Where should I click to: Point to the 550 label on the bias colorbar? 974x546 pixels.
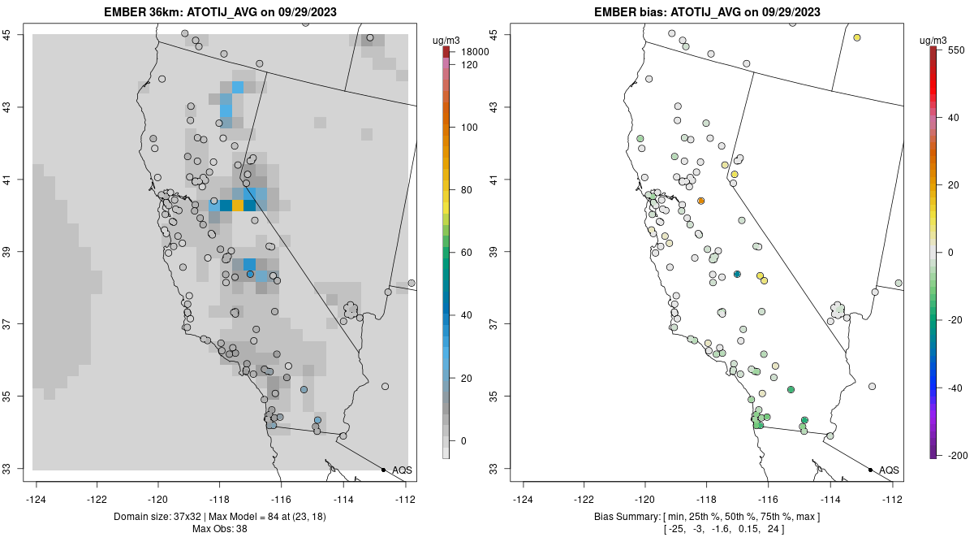pyautogui.click(x=955, y=50)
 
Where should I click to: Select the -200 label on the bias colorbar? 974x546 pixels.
pyautogui.click(x=955, y=455)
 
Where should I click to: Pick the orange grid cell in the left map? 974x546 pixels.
pyautogui.click(x=238, y=206)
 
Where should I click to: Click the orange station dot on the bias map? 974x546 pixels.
pyautogui.click(x=701, y=201)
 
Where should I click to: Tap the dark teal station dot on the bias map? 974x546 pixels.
pyautogui.click(x=737, y=275)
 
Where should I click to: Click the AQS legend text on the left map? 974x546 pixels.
pyautogui.click(x=402, y=470)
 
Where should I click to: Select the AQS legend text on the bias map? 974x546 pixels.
pyautogui.click(x=889, y=470)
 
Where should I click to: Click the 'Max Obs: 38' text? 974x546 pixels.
pyautogui.click(x=219, y=529)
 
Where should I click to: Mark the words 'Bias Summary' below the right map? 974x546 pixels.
pyautogui.click(x=621, y=517)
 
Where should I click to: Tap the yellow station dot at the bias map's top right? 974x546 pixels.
pyautogui.click(x=857, y=37)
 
